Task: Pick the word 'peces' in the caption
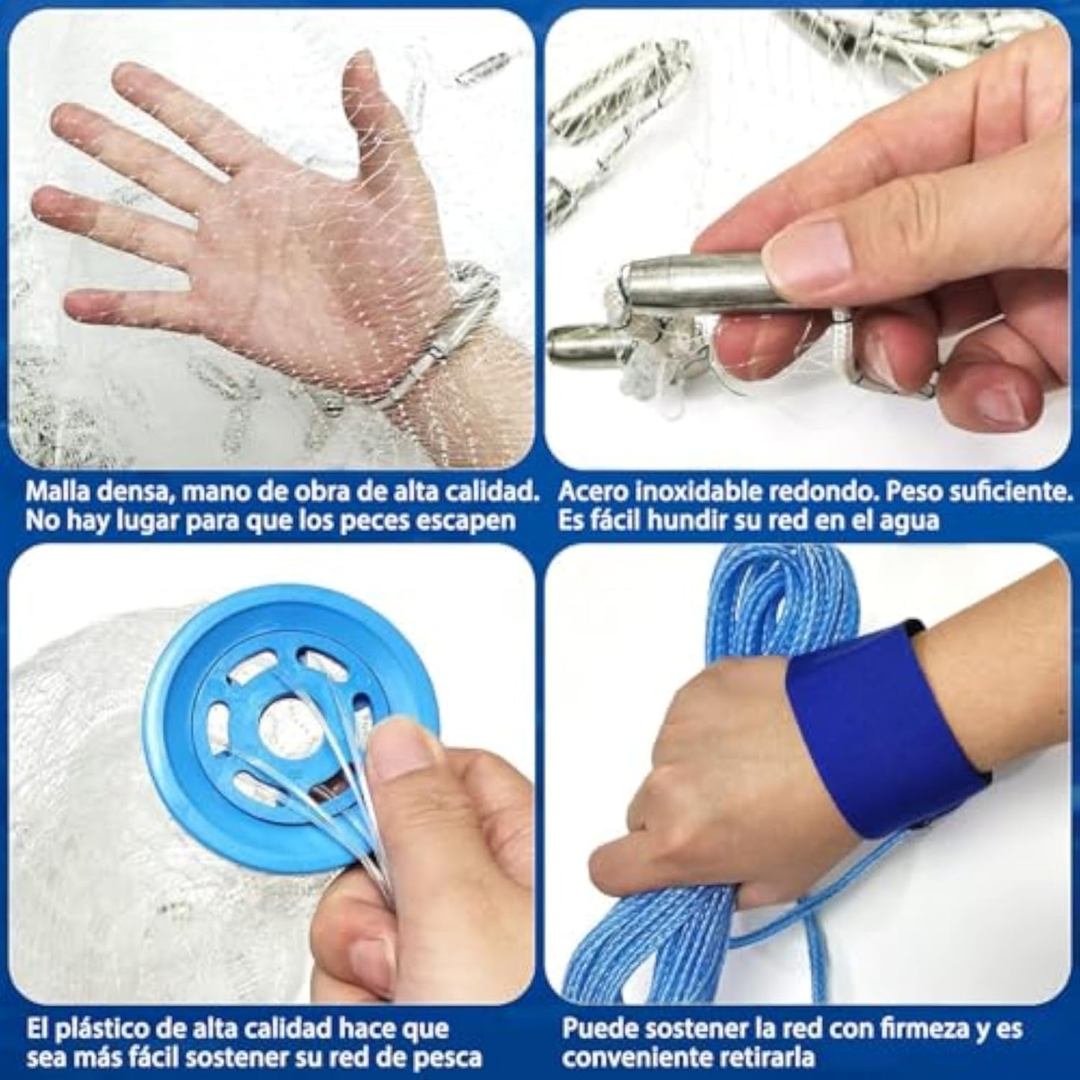(380, 522)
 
